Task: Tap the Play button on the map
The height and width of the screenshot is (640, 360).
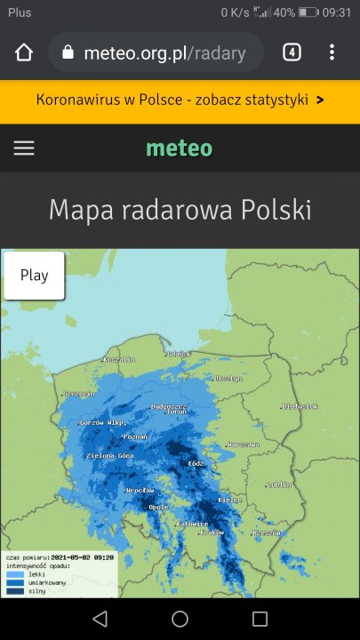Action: pos(34,276)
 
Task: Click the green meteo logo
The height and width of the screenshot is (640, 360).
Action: pos(180,148)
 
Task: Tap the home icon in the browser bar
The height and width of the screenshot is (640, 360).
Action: pos(24,52)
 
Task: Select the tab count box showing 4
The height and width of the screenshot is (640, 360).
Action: pos(292,52)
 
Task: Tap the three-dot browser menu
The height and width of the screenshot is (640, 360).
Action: pos(332,52)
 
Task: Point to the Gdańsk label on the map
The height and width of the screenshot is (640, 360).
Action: pos(179,354)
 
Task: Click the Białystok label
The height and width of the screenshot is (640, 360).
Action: pos(300,406)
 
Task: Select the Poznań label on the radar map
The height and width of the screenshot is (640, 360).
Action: pos(135,437)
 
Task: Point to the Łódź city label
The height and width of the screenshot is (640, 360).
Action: pos(196,463)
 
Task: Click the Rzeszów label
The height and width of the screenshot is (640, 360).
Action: pos(266,532)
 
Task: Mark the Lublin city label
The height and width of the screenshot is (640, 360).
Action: pos(279,485)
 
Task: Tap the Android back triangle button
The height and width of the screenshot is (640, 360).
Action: pos(100,619)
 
